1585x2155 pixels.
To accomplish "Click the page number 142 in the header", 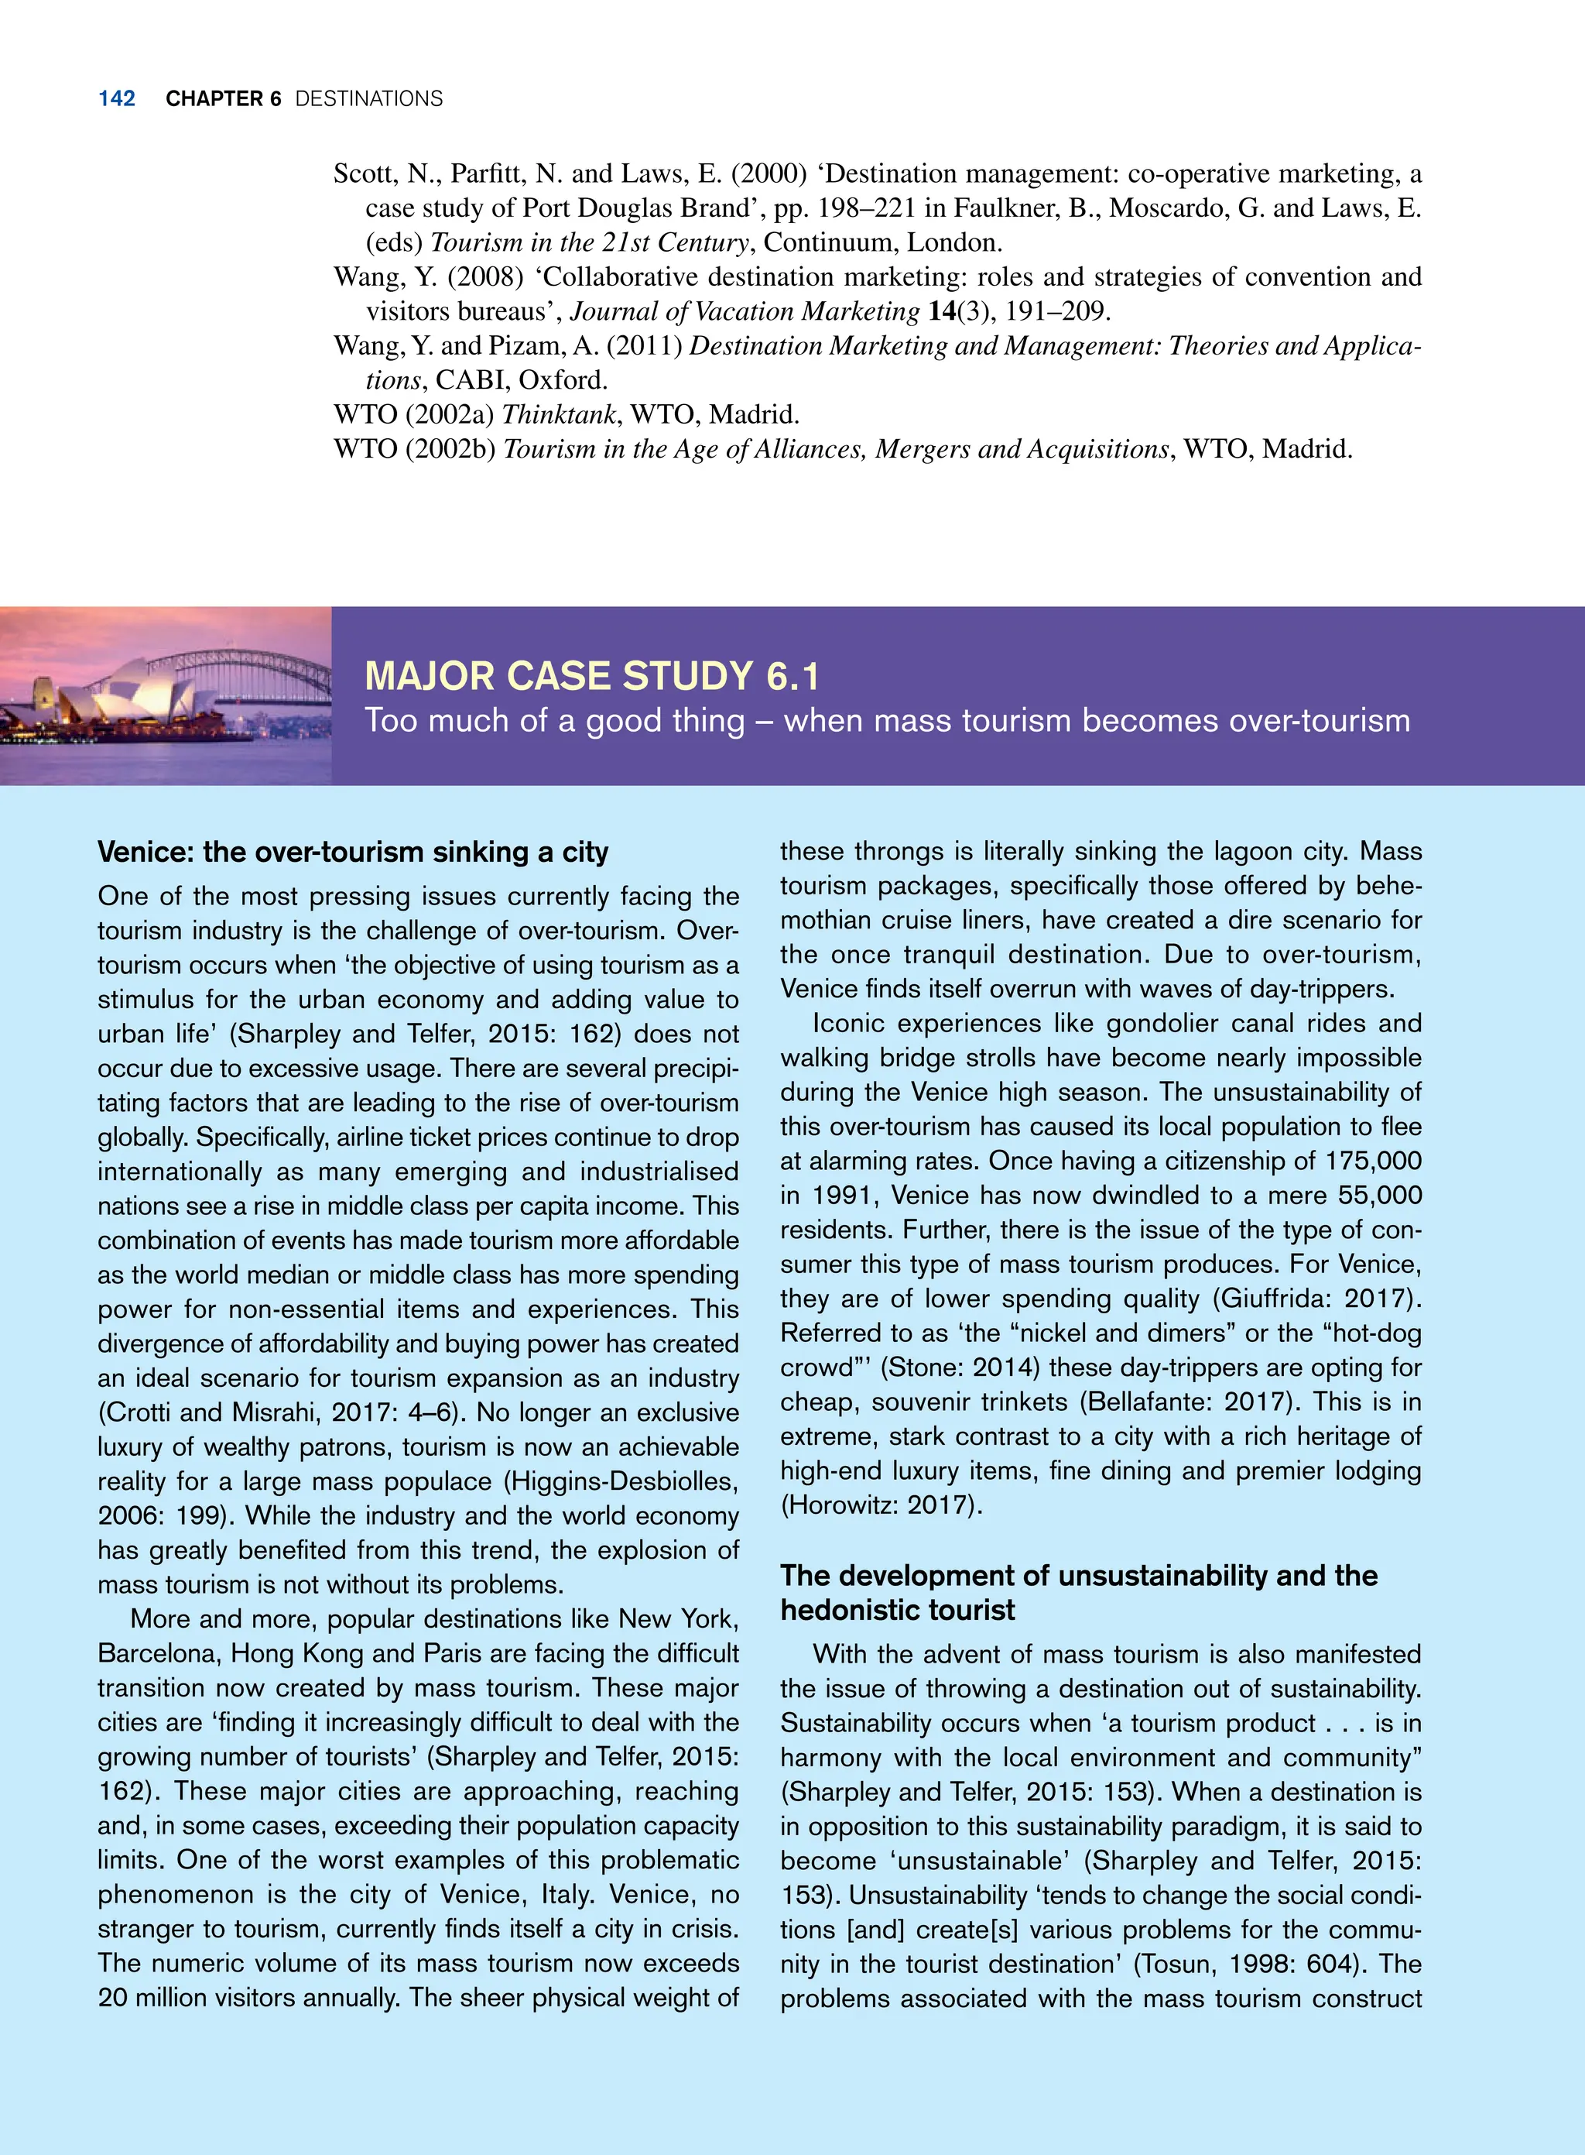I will (116, 99).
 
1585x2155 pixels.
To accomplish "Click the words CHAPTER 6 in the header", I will (223, 99).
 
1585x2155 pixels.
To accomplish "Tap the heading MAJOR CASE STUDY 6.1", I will (592, 677).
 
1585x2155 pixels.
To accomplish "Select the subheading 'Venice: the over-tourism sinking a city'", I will (353, 853).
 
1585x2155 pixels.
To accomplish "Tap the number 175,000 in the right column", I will (1373, 1161).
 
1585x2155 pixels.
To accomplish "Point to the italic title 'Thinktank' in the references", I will (560, 415).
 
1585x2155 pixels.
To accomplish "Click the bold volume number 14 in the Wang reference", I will (940, 311).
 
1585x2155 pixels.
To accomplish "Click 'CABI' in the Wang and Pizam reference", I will (469, 380).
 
